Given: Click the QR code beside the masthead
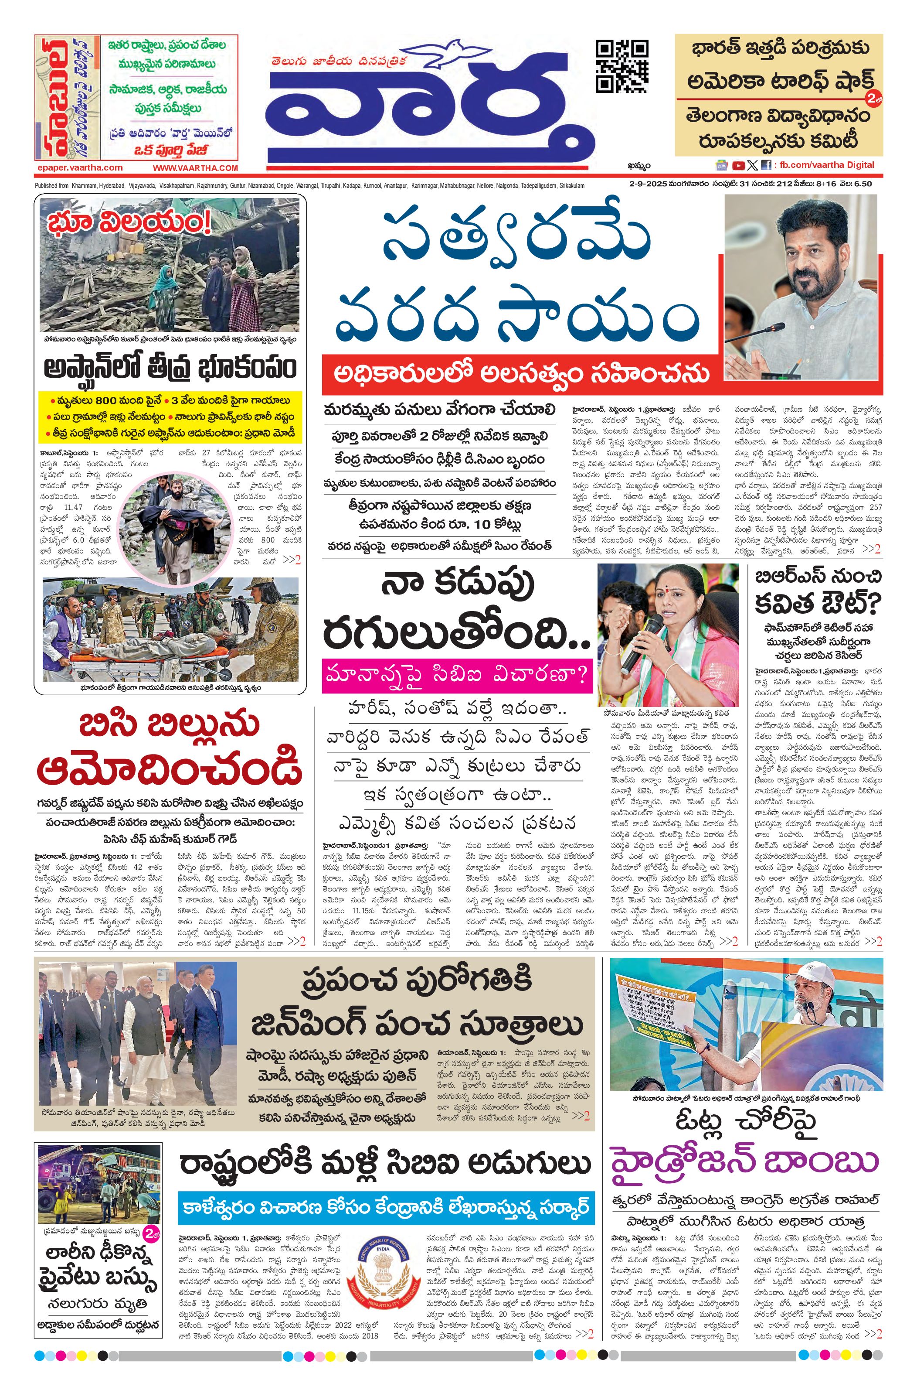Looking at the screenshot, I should (622, 66).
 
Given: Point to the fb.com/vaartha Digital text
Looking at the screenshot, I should (827, 165).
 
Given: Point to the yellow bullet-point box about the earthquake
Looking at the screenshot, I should (170, 417).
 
